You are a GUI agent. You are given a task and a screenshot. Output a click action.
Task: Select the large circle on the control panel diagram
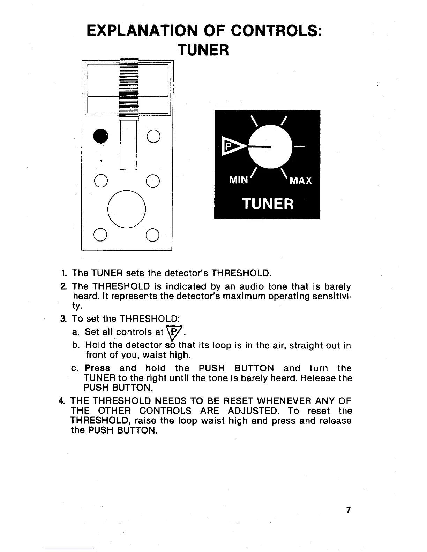[x=126, y=209]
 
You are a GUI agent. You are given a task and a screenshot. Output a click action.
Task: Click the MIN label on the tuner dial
[x=238, y=181]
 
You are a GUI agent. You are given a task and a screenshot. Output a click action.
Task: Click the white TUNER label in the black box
[x=268, y=203]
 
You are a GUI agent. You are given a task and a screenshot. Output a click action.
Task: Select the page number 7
[x=348, y=510]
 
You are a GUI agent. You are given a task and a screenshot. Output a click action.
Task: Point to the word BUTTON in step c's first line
[x=254, y=368]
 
